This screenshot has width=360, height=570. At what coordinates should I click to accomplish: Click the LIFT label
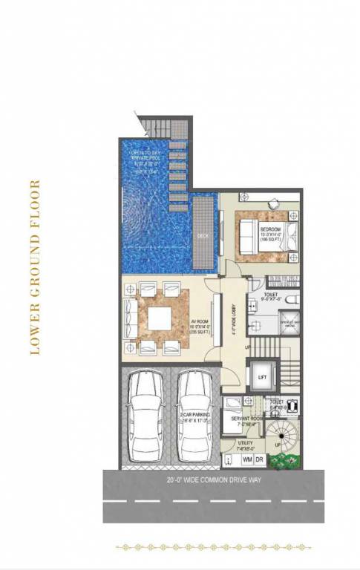262,378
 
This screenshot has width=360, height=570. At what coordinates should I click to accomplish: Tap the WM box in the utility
246,459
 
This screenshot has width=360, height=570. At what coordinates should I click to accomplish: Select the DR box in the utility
259,459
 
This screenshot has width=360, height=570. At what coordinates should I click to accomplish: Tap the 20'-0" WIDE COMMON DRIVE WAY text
214,479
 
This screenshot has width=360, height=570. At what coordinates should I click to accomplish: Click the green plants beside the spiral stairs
282,462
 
